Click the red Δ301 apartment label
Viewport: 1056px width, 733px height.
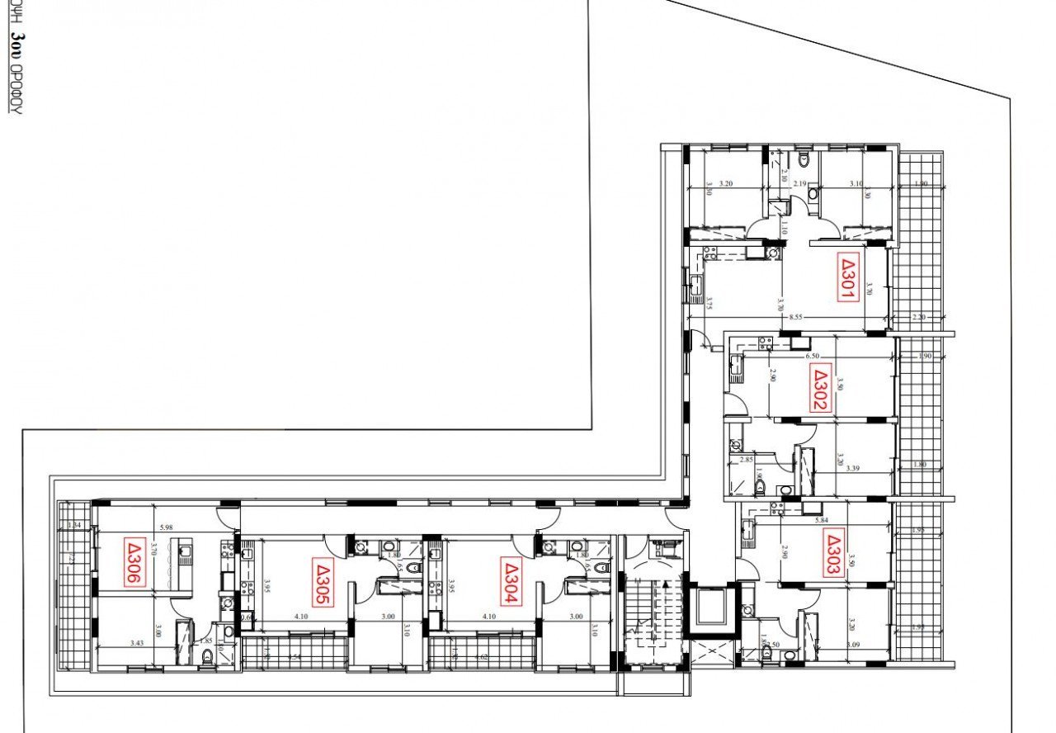[849, 277]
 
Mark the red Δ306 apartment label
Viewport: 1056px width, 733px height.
[134, 562]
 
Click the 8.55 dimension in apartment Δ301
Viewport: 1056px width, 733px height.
[795, 316]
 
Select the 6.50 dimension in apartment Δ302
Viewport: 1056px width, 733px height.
[812, 356]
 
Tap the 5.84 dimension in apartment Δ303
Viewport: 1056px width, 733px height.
[821, 520]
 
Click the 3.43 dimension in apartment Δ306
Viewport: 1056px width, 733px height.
[138, 642]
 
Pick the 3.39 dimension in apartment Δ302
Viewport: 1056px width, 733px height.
[853, 469]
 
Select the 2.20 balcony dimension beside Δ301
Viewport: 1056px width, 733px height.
[920, 317]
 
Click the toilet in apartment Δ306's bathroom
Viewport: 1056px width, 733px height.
[207, 656]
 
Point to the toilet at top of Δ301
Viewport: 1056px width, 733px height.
[803, 158]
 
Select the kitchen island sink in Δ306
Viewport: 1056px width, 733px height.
[184, 547]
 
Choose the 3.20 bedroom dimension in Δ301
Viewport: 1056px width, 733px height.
[727, 184]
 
